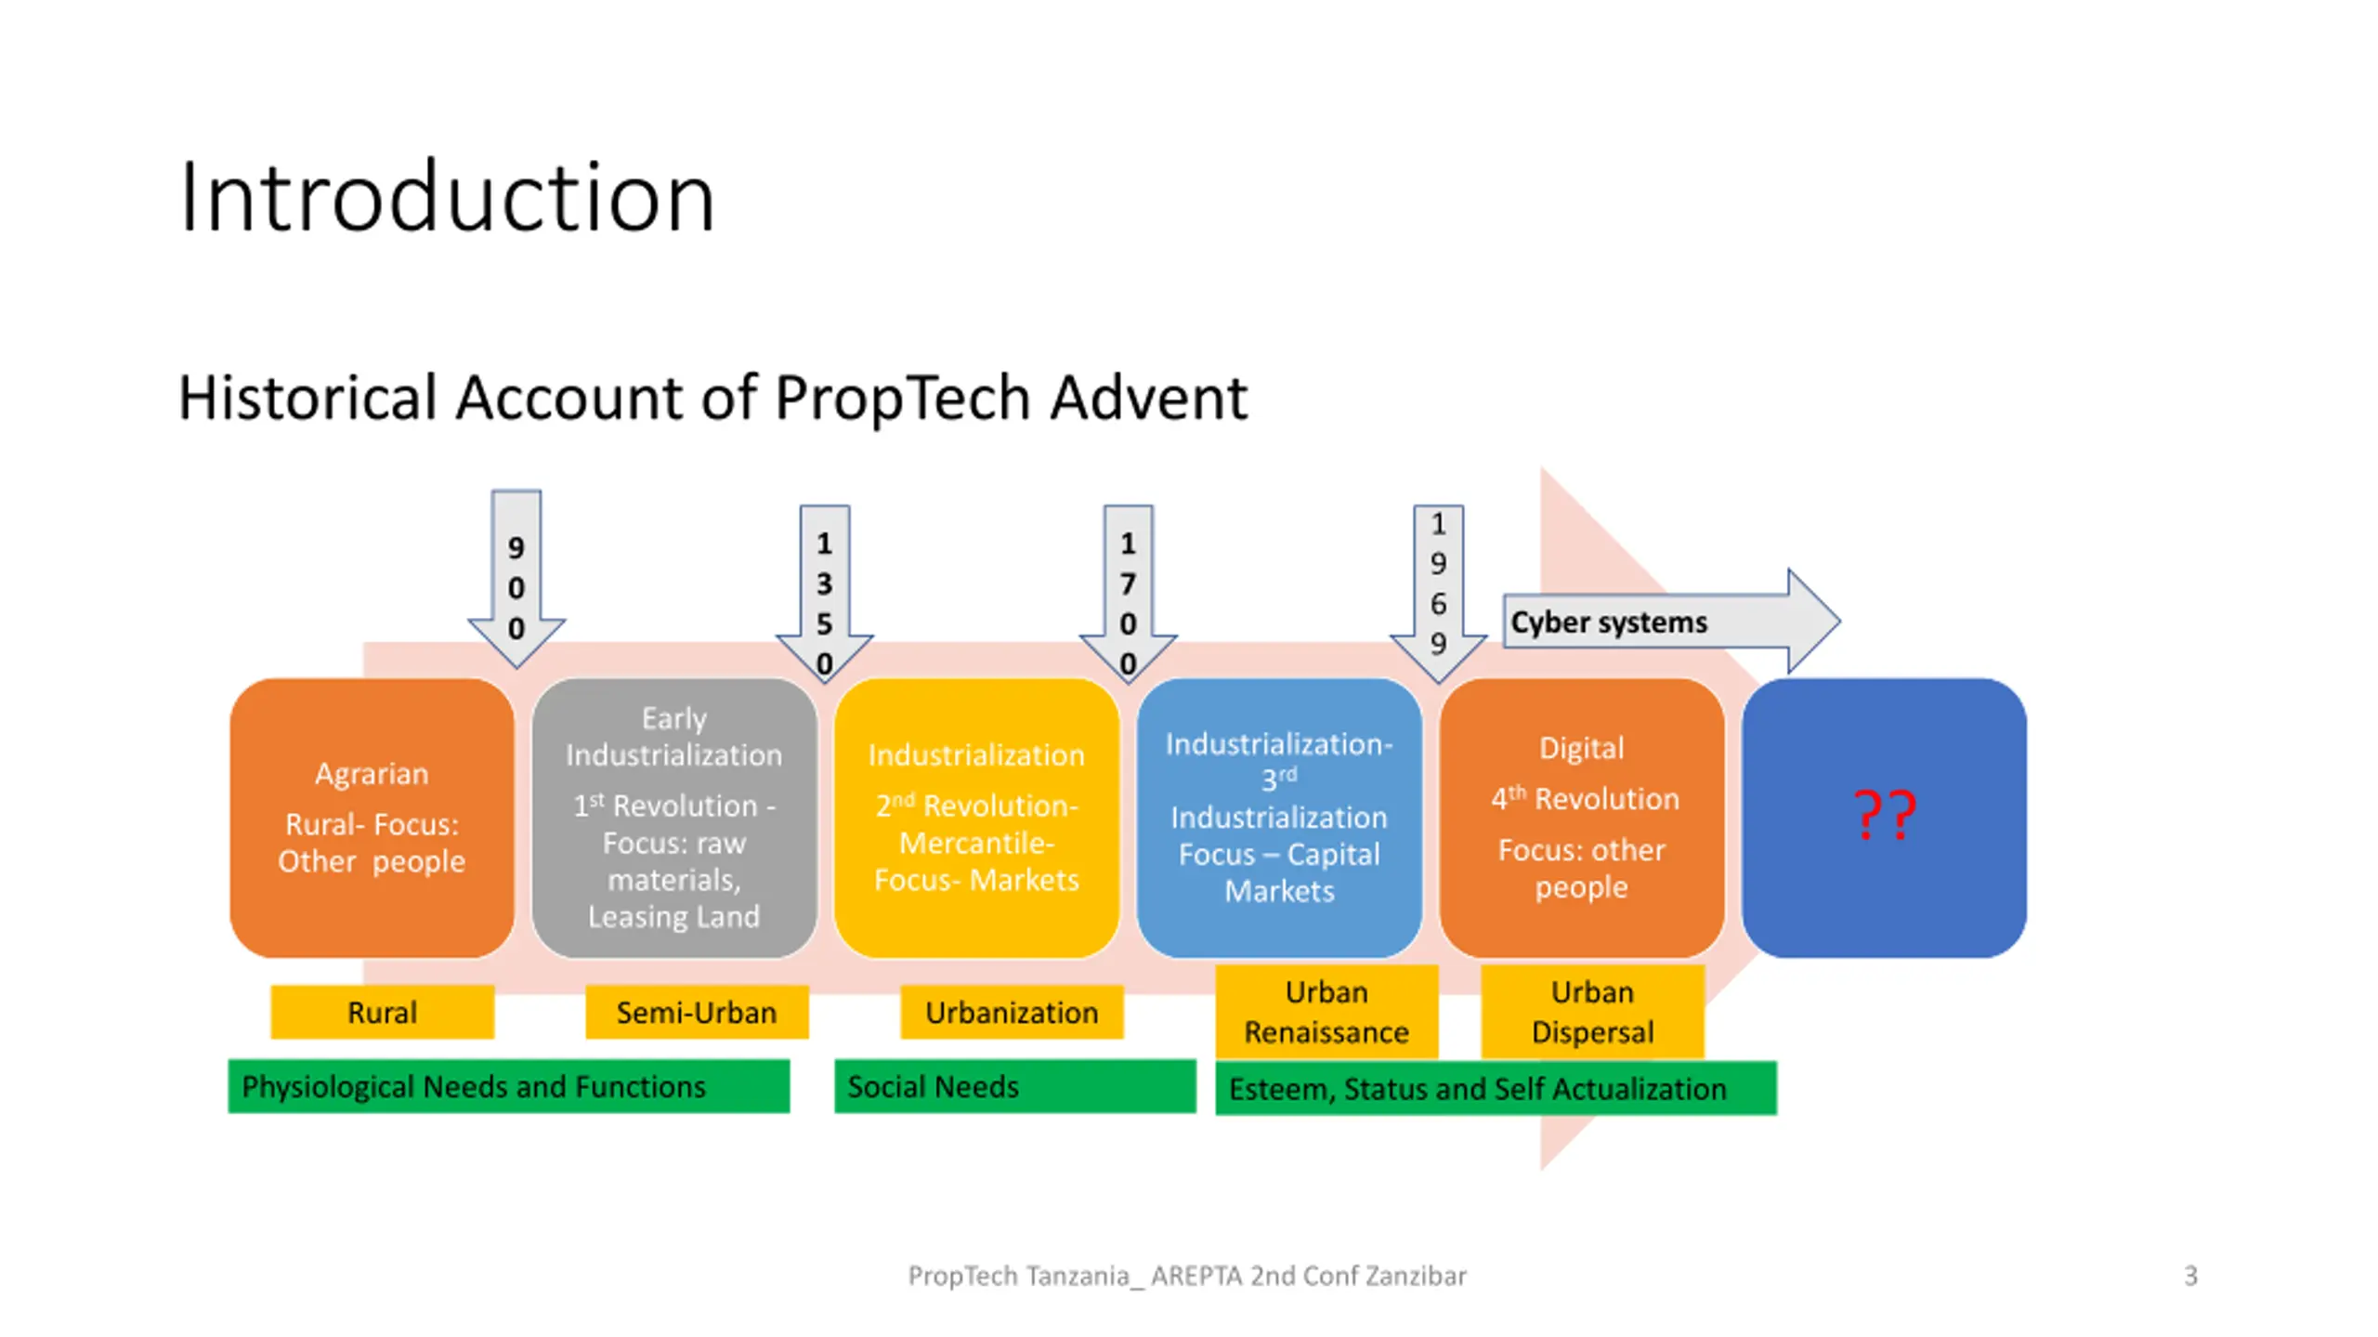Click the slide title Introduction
447,197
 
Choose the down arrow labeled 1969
1438,585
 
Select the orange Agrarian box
372,818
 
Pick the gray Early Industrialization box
674,818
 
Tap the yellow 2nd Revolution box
976,818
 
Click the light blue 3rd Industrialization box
1279,818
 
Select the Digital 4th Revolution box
1581,818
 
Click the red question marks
1884,815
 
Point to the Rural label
382,1012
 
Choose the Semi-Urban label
697,1012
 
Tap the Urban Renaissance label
1326,1012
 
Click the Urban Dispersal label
1592,1012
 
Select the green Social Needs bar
1014,1086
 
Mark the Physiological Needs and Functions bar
509,1086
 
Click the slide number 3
2190,1276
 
